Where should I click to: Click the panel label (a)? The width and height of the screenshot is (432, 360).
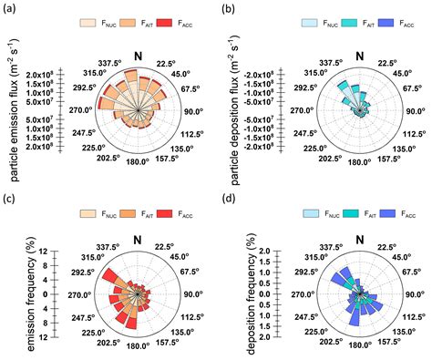[x=10, y=10]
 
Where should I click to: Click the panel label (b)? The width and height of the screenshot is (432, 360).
[x=229, y=10]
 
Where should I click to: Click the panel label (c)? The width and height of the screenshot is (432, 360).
[x=10, y=193]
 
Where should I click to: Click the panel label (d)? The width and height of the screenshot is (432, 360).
[x=229, y=193]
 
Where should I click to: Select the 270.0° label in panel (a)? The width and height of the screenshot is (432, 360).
[x=76, y=111]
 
